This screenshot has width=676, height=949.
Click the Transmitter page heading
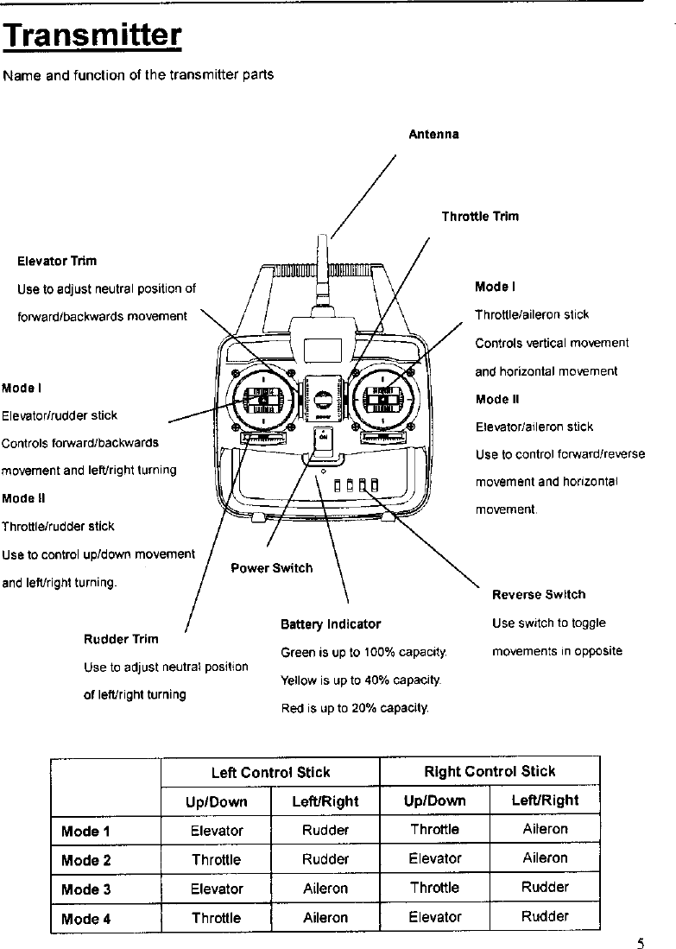[92, 35]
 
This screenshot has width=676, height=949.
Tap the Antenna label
[433, 135]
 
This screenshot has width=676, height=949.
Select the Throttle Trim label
[480, 217]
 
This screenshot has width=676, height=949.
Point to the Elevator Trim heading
[57, 261]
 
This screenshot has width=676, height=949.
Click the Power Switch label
[272, 568]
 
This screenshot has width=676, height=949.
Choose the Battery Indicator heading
[331, 623]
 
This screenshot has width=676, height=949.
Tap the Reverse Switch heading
[539, 595]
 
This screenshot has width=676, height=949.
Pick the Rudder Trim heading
[121, 639]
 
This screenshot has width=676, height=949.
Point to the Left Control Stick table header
[270, 772]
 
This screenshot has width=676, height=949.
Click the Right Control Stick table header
[490, 771]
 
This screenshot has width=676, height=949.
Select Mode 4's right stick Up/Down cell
[435, 917]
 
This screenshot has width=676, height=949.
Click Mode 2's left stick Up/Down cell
[216, 860]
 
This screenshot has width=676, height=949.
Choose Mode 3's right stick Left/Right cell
[545, 888]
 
